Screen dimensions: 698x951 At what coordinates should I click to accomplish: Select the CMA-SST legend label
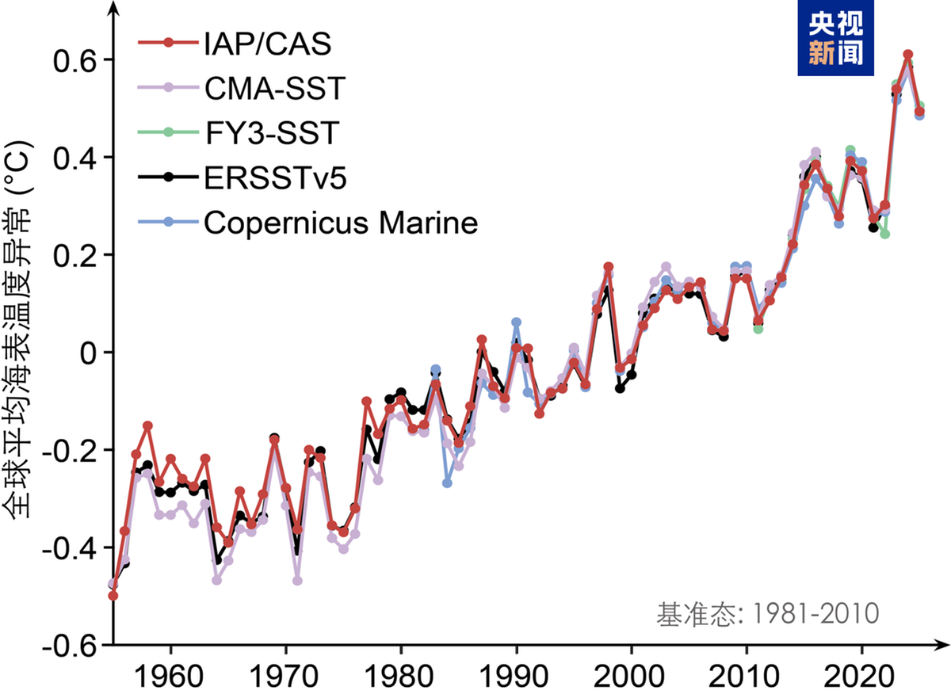tap(275, 88)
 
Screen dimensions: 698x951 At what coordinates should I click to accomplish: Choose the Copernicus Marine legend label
tap(342, 223)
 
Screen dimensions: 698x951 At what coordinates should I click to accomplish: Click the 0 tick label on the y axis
tap(88, 353)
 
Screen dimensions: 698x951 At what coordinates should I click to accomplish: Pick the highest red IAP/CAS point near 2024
tap(907, 54)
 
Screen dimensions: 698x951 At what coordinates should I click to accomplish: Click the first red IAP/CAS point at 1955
tap(113, 595)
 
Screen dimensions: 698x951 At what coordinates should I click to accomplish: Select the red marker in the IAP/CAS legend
tap(168, 43)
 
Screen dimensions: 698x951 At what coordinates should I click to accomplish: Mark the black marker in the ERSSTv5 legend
tap(168, 178)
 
